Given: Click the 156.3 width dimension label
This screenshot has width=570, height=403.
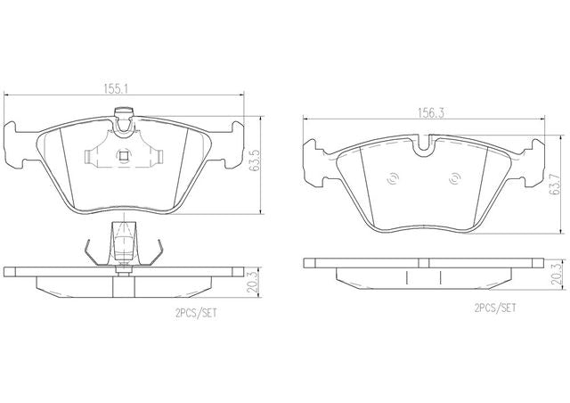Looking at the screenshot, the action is pos(431,113).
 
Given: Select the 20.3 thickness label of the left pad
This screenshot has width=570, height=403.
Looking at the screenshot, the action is pos(252,282).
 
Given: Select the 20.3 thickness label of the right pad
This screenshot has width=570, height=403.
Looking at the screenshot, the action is pos(556,274).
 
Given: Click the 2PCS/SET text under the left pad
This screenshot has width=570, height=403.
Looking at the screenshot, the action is pos(196,313).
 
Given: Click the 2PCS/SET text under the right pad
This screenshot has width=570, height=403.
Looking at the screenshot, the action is pos(495,308).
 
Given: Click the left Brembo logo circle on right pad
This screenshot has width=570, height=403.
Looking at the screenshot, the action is pos(394,178).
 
